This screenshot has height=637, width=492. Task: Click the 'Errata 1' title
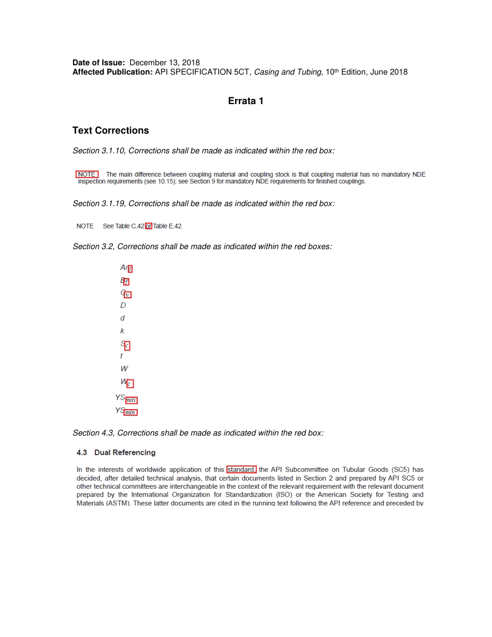[x=245, y=101]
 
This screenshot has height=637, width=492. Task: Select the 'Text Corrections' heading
[x=110, y=131]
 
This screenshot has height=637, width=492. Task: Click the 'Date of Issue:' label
[x=99, y=63]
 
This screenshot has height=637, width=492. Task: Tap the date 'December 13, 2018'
[x=165, y=63]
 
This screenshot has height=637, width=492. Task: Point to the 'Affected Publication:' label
[x=112, y=72]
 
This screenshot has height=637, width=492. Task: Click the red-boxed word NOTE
[x=86, y=175]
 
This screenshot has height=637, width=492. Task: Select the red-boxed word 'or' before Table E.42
[x=149, y=226]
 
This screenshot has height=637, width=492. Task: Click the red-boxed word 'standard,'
[x=241, y=470]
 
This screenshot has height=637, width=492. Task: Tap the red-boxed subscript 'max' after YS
[x=132, y=400]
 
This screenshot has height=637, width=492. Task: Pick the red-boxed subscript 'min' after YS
[x=131, y=412]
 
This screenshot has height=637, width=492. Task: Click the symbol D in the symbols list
[x=123, y=306]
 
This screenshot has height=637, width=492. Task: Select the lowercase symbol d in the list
[x=122, y=318]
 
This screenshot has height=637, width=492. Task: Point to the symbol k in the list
[x=122, y=331]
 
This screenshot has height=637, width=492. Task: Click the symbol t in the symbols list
[x=121, y=356]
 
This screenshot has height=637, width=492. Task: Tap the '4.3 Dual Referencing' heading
[x=116, y=453]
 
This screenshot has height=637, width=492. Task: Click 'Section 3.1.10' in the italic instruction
[x=98, y=151]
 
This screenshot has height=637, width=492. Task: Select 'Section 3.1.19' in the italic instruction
[x=98, y=204]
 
